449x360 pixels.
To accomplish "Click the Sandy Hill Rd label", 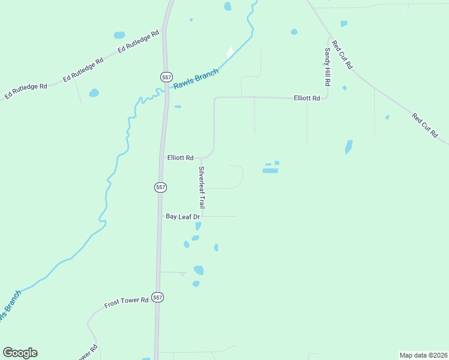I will (x=328, y=67).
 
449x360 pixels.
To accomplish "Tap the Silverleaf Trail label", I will (x=202, y=187).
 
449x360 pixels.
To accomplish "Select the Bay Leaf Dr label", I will (x=182, y=216).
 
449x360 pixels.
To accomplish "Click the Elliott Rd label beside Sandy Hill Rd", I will (x=307, y=98).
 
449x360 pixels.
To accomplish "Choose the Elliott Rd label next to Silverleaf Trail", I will (x=179, y=158).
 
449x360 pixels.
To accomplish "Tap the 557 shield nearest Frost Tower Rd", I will (x=157, y=298).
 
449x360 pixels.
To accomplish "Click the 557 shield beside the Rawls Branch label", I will (x=166, y=77).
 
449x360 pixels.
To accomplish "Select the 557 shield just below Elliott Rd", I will (x=160, y=187).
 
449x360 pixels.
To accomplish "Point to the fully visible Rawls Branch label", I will (x=196, y=79).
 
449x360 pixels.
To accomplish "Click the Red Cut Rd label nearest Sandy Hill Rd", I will (x=342, y=55).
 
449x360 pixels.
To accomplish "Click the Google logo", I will (x=20, y=353).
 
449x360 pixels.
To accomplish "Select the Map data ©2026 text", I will (x=423, y=355).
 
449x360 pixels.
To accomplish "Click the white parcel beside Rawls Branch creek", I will (x=230, y=53).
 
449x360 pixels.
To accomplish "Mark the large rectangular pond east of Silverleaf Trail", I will (x=270, y=171).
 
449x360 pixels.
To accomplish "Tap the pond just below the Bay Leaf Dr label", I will (x=198, y=226).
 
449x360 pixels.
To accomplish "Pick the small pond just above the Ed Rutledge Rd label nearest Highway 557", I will (x=119, y=35).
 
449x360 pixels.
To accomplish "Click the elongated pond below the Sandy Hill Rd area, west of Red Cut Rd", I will (x=349, y=147).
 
